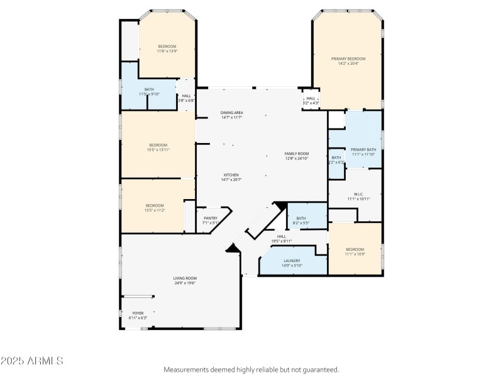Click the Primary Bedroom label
click(x=348, y=59)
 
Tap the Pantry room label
click(x=211, y=218)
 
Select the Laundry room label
click(x=292, y=261)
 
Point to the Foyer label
click(x=138, y=313)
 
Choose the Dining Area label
click(x=232, y=113)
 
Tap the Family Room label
click(x=297, y=154)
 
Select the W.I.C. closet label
click(x=358, y=194)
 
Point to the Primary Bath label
click(x=363, y=149)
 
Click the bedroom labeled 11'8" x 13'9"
click(x=167, y=46)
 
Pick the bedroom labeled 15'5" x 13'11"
click(x=158, y=145)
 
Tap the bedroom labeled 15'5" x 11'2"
click(x=155, y=205)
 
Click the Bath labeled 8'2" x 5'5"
click(x=301, y=219)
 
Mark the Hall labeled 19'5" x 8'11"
click(x=282, y=236)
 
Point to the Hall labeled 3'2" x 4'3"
click(x=311, y=99)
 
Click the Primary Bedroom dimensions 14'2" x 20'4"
click(x=348, y=63)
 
